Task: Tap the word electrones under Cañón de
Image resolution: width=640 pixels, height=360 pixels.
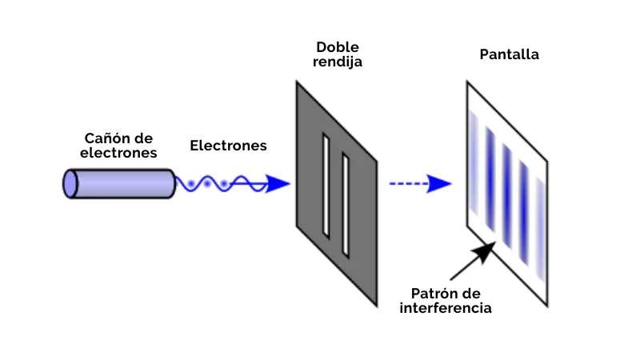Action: [x=120, y=153]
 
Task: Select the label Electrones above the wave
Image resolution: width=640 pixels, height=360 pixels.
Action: [x=228, y=146]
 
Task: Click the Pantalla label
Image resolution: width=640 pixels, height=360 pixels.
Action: [x=509, y=55]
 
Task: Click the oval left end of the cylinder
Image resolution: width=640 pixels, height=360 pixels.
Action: [x=69, y=183]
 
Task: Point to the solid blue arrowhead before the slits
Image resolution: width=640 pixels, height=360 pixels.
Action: [x=278, y=184]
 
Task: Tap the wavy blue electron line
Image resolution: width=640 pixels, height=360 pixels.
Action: [x=216, y=184]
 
